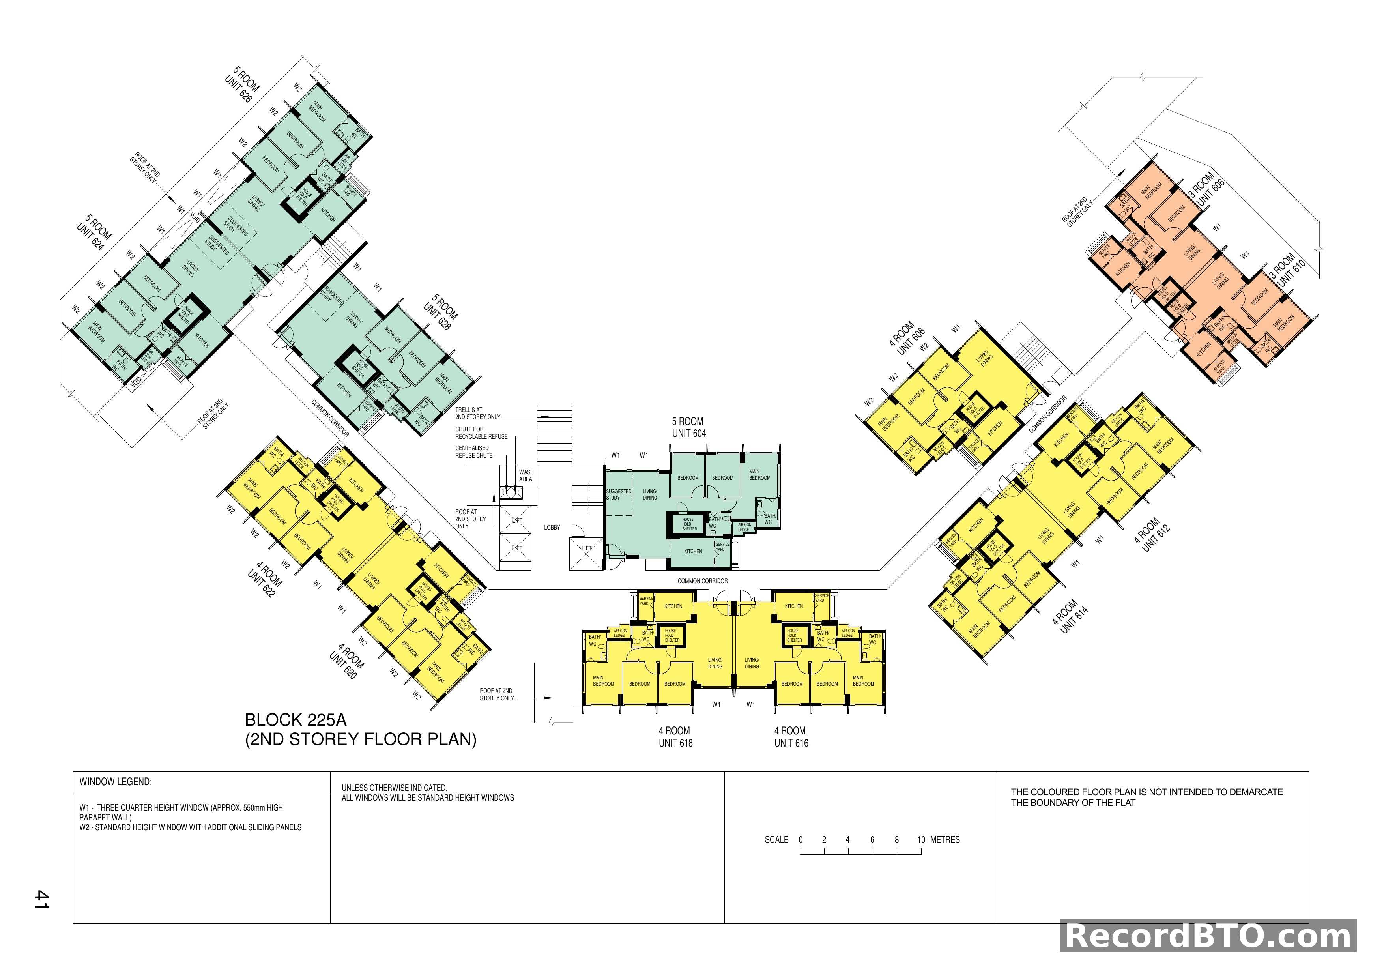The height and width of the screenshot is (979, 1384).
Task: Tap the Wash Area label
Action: point(526,475)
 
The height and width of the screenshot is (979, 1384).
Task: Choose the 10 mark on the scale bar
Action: point(921,840)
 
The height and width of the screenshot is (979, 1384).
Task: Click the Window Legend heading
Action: point(116,782)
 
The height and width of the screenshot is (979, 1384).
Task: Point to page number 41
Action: point(41,899)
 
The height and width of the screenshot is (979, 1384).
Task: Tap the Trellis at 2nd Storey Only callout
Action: point(477,413)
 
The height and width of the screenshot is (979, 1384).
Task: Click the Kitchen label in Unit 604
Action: point(693,551)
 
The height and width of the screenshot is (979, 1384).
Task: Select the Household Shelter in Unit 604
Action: point(688,524)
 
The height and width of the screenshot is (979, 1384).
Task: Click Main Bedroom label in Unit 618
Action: point(603,681)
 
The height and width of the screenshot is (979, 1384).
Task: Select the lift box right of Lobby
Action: point(586,553)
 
